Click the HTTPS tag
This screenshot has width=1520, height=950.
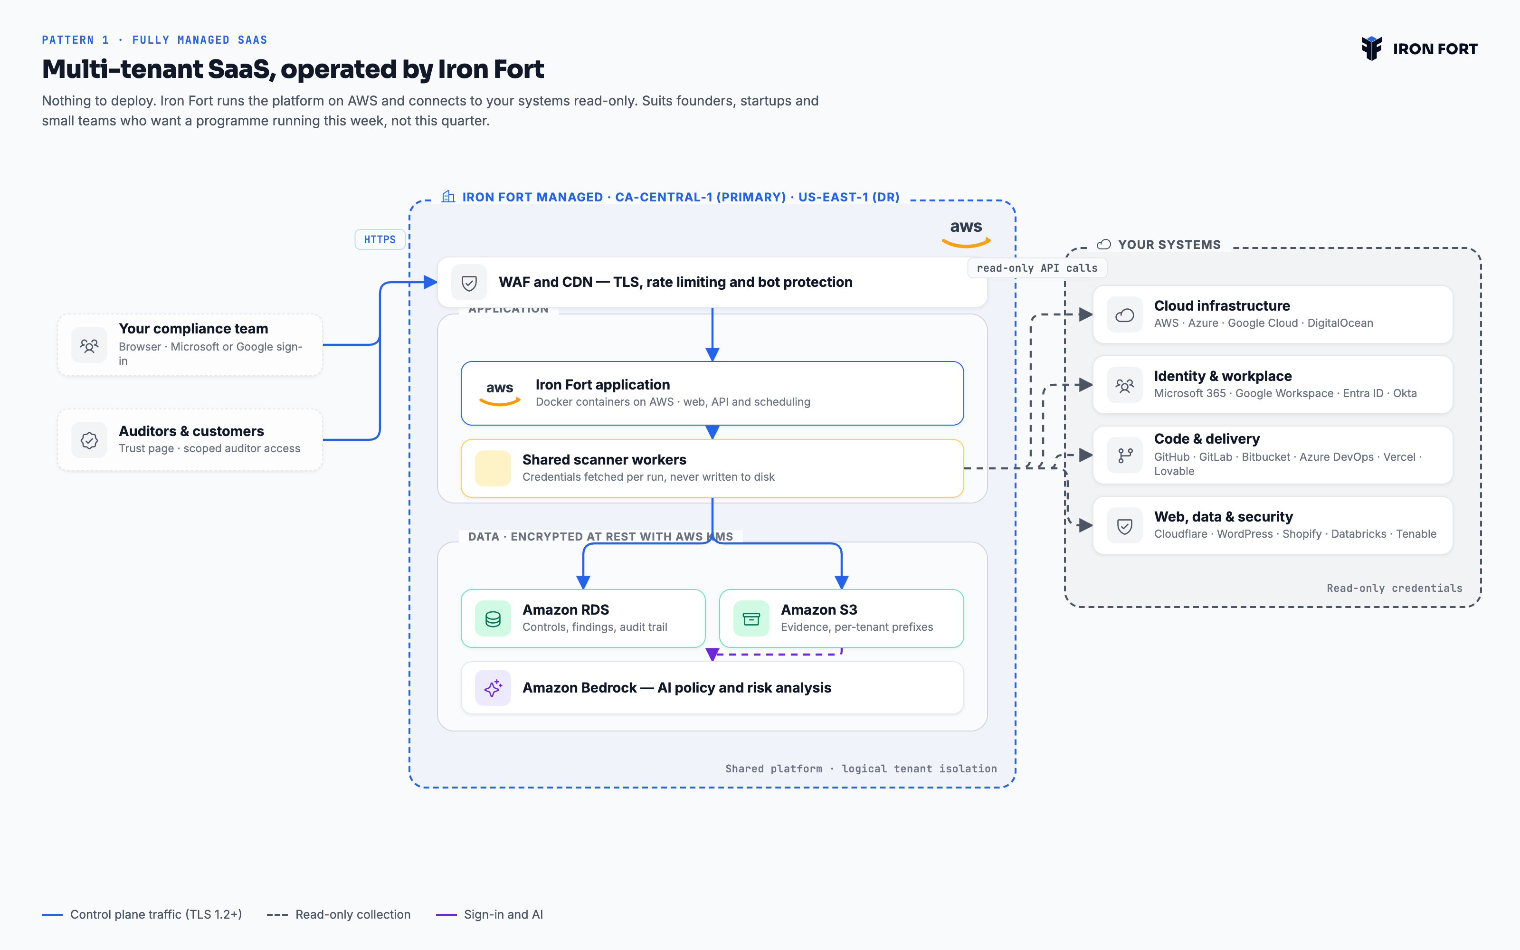pyautogui.click(x=380, y=239)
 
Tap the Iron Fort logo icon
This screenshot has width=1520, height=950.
pyautogui.click(x=1372, y=48)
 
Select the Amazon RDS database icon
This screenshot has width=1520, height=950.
pyautogui.click(x=493, y=619)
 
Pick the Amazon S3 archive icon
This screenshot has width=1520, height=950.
pyautogui.click(x=751, y=619)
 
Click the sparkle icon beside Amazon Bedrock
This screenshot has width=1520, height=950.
pyautogui.click(x=493, y=688)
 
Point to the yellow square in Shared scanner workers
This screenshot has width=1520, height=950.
pyautogui.click(x=493, y=468)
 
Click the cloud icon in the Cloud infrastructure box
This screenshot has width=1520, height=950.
pyautogui.click(x=1124, y=315)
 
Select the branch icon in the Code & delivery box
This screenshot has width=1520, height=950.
pyautogui.click(x=1124, y=456)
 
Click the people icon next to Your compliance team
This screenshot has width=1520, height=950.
pyautogui.click(x=89, y=345)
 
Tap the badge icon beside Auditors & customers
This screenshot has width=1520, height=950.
pyautogui.click(x=89, y=440)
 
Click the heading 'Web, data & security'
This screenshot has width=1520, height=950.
pyautogui.click(x=1224, y=516)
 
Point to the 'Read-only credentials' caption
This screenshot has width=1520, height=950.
pyautogui.click(x=1395, y=588)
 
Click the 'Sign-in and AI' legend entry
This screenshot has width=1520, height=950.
pyautogui.click(x=490, y=914)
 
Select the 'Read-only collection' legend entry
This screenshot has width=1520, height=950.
pyautogui.click(x=339, y=914)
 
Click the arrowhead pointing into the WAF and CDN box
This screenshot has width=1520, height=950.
pyautogui.click(x=431, y=282)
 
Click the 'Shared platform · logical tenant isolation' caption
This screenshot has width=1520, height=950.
pyautogui.click(x=861, y=769)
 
